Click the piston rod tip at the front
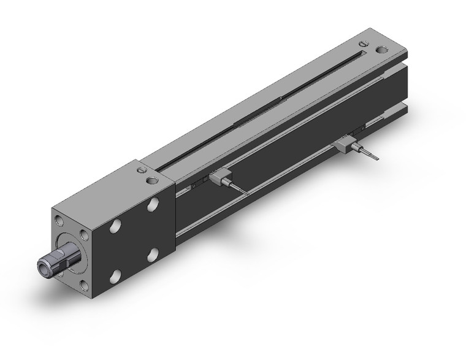tap(47, 266)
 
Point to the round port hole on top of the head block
tap(151, 180)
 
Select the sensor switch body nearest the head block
tap(220, 178)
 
